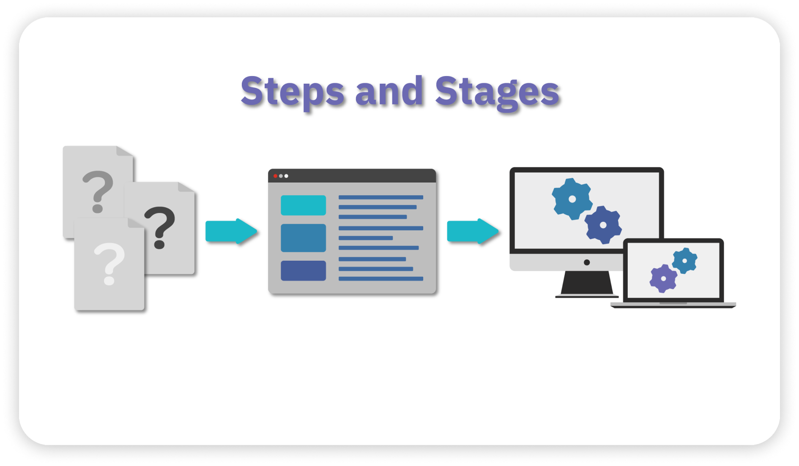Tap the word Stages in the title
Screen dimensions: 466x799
[x=497, y=92]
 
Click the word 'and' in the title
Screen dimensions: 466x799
[x=389, y=91]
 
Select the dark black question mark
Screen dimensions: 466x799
[x=160, y=226]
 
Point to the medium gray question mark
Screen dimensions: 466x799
[x=98, y=190]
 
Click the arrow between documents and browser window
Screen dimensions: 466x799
[x=231, y=231]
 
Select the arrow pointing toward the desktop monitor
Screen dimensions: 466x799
[x=473, y=231]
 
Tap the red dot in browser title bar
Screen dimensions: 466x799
[x=275, y=176]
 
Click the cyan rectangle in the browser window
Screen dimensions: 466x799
[x=303, y=205]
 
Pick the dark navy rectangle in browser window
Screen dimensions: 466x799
[x=303, y=270]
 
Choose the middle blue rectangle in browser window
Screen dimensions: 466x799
[x=303, y=238]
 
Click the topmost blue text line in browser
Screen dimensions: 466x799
[x=380, y=197]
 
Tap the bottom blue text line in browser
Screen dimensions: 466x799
[x=380, y=278]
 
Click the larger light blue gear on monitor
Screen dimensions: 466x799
[x=572, y=199]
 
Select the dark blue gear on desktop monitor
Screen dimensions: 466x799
[x=603, y=225]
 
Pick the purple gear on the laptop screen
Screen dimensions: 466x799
[x=663, y=278]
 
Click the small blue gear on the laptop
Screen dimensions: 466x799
[x=684, y=261]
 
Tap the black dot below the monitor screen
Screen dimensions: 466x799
[x=587, y=262]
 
